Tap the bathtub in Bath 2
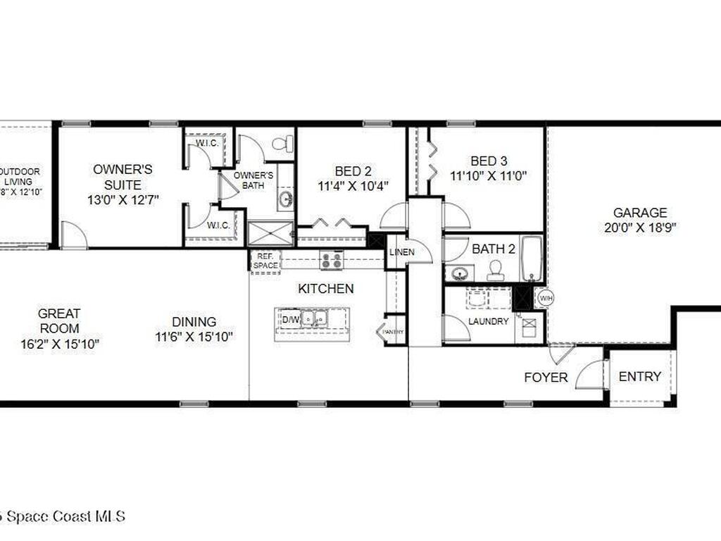pos(531,259)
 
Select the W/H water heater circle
pos(545,298)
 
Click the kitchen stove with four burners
pos(331,260)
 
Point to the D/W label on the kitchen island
pos(290,320)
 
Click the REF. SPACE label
pos(265,261)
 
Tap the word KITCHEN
pos(325,289)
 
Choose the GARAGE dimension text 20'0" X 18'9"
pos(640,228)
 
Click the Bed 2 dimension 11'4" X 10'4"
pos(353,186)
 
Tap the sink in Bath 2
pos(460,273)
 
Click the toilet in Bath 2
pos(496,270)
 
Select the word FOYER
pos(546,378)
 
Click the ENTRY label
pos(639,377)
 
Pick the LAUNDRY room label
pos(488,321)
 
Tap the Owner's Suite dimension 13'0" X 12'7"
pos(123,200)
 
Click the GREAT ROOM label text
pos(59,321)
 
